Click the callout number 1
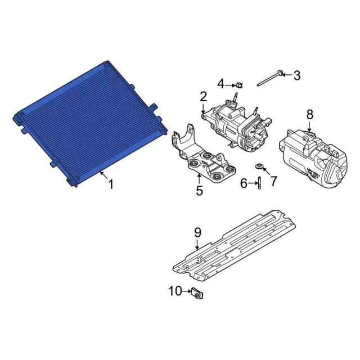pos(111,184)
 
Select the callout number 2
pos(204,97)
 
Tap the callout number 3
pos(297,75)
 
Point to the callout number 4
pos(221,84)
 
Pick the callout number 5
pos(199,190)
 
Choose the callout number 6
pos(244,183)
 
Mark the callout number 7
pos(274,181)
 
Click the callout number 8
pos(310,114)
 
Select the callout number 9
pos(197,232)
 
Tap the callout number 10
pos(175,291)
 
